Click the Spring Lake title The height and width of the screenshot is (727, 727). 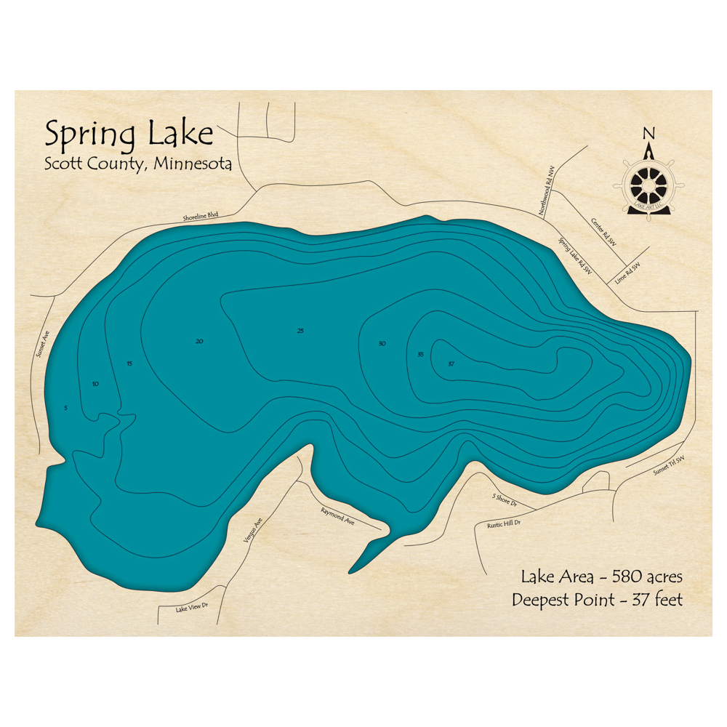(129, 134)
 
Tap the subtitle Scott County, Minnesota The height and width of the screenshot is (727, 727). (138, 164)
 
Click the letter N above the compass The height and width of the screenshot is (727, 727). (648, 133)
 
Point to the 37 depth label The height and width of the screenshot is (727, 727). (451, 363)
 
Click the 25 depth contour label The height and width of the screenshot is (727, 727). (300, 331)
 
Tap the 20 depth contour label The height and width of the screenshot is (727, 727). (199, 341)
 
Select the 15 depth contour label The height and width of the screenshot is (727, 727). (129, 363)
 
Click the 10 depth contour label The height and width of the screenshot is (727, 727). (95, 383)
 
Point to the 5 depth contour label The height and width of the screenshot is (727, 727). (65, 408)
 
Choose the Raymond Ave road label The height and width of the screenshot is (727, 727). (338, 516)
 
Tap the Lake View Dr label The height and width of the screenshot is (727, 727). (192, 607)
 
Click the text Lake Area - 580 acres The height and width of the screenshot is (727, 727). (601, 577)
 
